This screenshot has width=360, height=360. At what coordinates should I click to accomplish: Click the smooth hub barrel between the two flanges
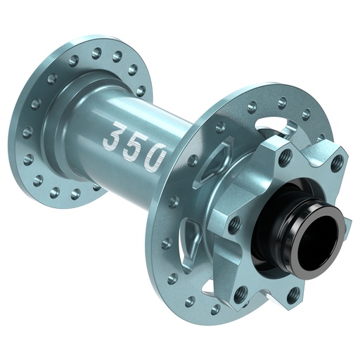[x=127, y=112]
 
